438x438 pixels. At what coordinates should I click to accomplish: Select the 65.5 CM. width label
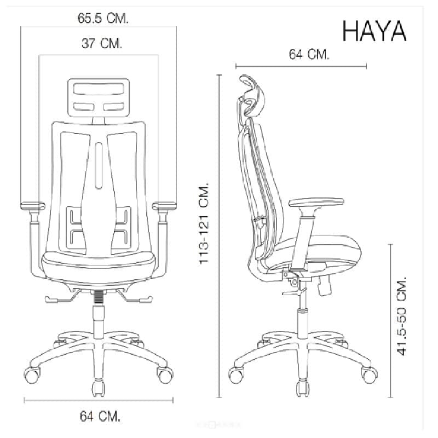click(x=103, y=19)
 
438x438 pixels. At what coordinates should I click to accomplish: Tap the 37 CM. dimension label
click(x=102, y=43)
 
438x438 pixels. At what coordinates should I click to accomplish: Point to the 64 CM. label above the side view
click(x=309, y=54)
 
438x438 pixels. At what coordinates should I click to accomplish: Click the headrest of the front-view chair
click(x=100, y=97)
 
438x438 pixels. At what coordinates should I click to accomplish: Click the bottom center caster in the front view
click(x=99, y=388)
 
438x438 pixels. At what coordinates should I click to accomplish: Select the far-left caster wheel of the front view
click(x=34, y=375)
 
